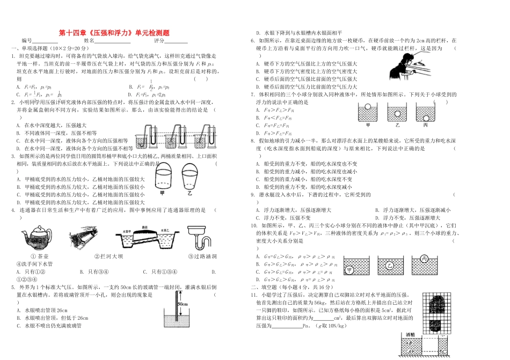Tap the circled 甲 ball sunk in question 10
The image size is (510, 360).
pyautogui.click(x=351, y=270)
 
